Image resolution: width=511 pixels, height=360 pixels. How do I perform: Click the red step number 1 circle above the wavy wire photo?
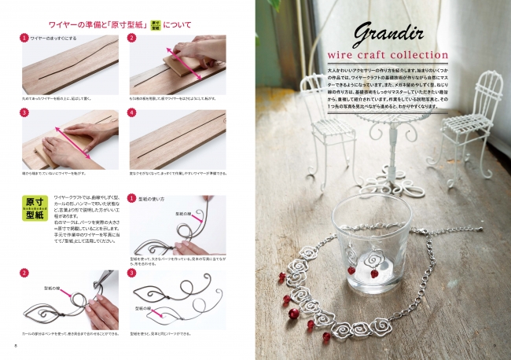[24, 37]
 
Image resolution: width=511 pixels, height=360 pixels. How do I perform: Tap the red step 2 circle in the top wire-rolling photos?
[132, 37]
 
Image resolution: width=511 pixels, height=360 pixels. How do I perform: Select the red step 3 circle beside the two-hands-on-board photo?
[24, 113]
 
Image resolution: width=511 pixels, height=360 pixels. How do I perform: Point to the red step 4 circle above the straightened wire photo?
[132, 113]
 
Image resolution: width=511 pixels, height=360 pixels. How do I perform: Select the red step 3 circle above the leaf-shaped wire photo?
[132, 273]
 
